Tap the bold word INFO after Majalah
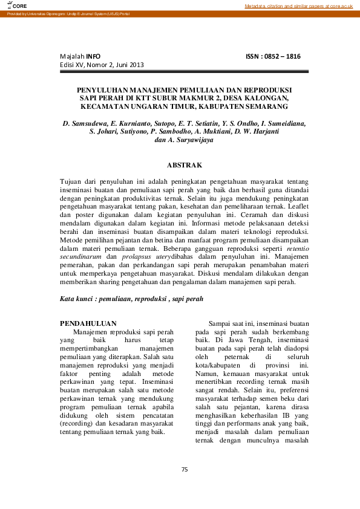point(93,56)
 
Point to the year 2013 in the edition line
point(137,65)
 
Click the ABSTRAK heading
point(184,164)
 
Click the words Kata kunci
point(79,299)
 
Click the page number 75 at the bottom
point(185,469)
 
